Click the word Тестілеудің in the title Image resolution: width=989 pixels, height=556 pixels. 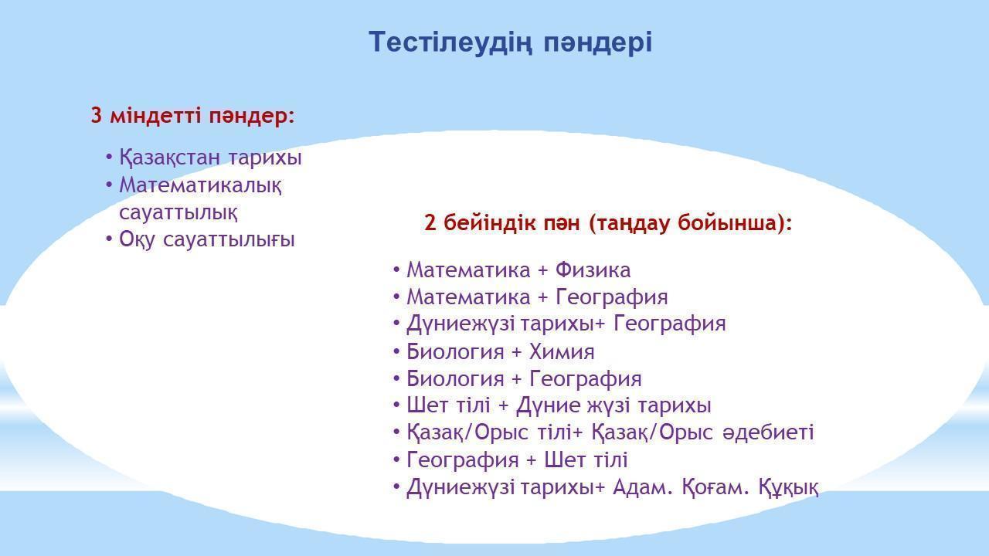(x=449, y=42)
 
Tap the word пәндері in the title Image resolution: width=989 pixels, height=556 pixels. (x=597, y=42)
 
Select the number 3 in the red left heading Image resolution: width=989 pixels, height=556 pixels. (x=97, y=115)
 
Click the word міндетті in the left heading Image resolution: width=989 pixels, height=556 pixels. (x=156, y=115)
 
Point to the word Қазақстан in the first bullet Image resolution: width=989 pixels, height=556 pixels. (x=169, y=158)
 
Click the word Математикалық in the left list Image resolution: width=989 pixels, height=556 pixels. (x=200, y=185)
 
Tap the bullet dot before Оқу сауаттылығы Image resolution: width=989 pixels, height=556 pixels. (x=109, y=239)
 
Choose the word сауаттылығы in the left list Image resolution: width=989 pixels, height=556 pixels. (x=229, y=240)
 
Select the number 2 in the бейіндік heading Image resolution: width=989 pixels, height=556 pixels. (x=430, y=222)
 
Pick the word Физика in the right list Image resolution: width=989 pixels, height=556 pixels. (x=593, y=270)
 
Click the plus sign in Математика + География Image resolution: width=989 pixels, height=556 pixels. (x=542, y=297)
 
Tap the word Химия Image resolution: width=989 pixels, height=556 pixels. (x=562, y=351)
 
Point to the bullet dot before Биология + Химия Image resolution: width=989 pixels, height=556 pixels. (x=396, y=352)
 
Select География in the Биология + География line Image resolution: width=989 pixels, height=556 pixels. (x=586, y=379)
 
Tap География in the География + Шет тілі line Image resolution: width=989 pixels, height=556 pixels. (x=463, y=459)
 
